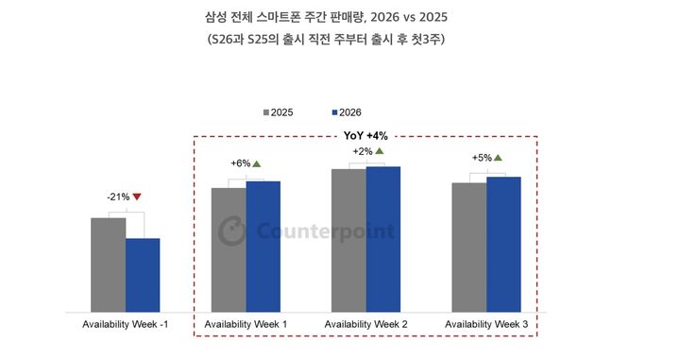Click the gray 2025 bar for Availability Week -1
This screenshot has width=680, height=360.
click(x=108, y=265)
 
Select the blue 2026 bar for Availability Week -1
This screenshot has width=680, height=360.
click(x=143, y=275)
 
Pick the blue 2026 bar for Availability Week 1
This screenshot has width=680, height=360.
click(x=263, y=246)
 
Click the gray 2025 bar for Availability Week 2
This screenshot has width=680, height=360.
click(x=348, y=240)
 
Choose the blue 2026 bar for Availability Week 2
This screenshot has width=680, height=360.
click(x=383, y=239)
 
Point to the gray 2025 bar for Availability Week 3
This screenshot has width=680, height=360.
click(x=468, y=247)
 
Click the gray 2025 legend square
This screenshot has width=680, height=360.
click(x=265, y=111)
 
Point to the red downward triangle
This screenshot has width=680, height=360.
click(x=137, y=197)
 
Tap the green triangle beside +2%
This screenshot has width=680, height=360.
click(x=379, y=150)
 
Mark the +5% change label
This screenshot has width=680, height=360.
click(x=481, y=158)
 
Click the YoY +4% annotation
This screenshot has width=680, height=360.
click(x=366, y=135)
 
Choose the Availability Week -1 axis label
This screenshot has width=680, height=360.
click(x=125, y=325)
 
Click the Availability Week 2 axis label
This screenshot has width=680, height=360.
click(x=365, y=325)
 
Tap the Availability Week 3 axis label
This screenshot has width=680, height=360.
click(x=485, y=325)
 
